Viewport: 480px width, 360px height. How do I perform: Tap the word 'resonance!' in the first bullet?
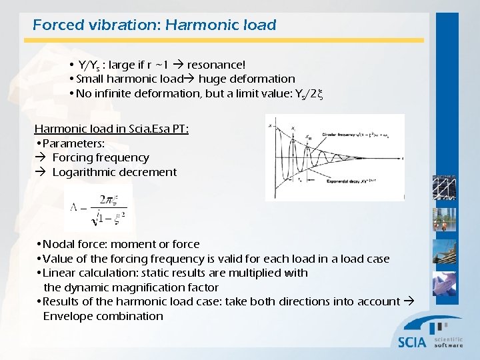coord(216,65)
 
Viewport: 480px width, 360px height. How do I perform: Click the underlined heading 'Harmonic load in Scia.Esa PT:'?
coord(111,129)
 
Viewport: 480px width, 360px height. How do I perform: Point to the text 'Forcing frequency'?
coord(100,157)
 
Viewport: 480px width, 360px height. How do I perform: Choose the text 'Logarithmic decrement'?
coord(114,172)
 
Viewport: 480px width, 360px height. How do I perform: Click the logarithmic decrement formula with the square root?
coord(97,211)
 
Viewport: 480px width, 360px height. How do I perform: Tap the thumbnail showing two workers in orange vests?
coord(444,219)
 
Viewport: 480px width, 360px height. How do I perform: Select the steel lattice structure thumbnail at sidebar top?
coord(444,187)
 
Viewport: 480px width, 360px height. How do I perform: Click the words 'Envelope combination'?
coord(103,316)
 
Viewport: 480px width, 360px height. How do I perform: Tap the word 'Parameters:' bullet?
coord(73,143)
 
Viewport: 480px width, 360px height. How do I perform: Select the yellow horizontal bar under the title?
coord(227,40)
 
